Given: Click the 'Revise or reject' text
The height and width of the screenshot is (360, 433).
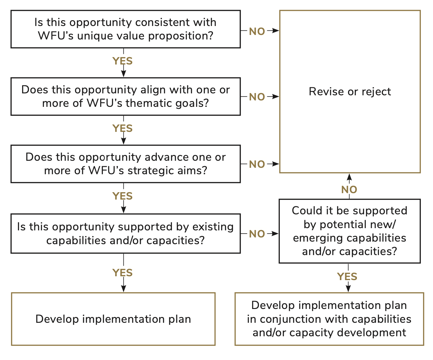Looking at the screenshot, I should [x=349, y=92].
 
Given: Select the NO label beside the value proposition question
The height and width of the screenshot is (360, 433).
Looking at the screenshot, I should [x=257, y=31].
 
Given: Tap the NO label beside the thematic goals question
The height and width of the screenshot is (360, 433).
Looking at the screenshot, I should [x=257, y=97].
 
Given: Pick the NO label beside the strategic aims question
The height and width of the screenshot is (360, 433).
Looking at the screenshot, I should [x=257, y=164].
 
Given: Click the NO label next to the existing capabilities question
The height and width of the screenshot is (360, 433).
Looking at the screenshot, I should [x=257, y=234].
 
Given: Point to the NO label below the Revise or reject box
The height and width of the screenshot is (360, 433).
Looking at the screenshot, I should [x=349, y=190].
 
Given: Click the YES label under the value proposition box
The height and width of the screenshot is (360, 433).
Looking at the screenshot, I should [x=122, y=61].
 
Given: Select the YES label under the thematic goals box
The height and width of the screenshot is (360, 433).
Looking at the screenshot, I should [x=122, y=128].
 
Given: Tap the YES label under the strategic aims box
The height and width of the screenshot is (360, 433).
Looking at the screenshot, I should [x=122, y=196].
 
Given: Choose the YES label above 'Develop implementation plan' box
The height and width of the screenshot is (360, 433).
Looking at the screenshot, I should [x=122, y=273].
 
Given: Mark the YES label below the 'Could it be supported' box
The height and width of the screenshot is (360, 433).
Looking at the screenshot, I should [x=347, y=277].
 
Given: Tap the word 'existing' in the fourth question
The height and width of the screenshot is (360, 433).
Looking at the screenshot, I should [x=213, y=227].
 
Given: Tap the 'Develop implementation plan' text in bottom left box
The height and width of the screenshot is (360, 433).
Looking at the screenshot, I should [x=113, y=319].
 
